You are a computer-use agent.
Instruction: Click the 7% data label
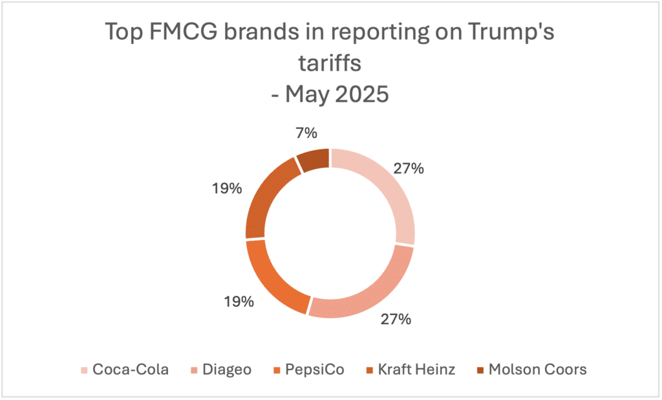click(x=306, y=133)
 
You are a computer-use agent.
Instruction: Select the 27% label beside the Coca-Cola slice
click(x=409, y=169)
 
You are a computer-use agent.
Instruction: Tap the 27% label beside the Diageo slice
click(x=396, y=319)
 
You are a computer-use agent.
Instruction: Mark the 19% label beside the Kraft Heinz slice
click(x=226, y=189)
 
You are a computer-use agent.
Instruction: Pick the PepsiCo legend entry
click(x=315, y=370)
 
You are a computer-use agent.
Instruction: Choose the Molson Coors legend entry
click(x=537, y=370)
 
